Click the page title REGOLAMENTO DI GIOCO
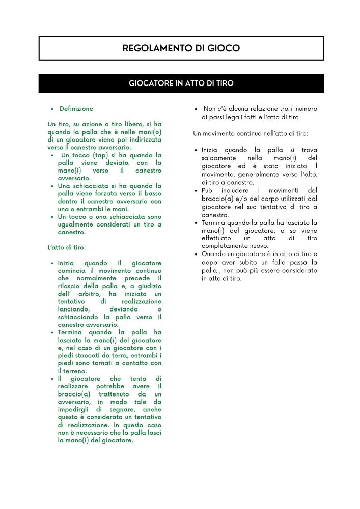point(181,48)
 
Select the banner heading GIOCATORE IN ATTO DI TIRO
point(181,83)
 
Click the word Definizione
point(76,109)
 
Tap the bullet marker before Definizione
point(52,109)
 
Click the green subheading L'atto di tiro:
point(67,247)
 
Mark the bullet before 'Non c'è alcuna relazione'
point(196,109)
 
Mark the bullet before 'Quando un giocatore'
point(196,254)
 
